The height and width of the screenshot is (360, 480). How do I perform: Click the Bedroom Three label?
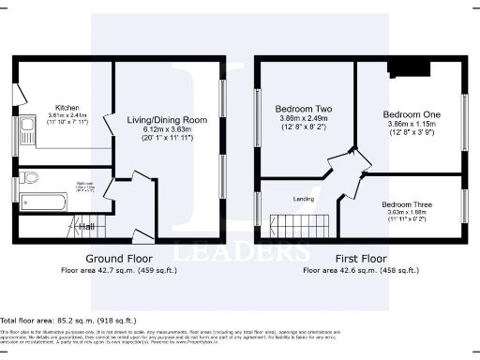point(408,203)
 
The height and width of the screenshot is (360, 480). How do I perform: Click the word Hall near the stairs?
point(86,226)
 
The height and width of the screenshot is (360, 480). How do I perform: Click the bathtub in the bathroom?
point(46,201)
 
